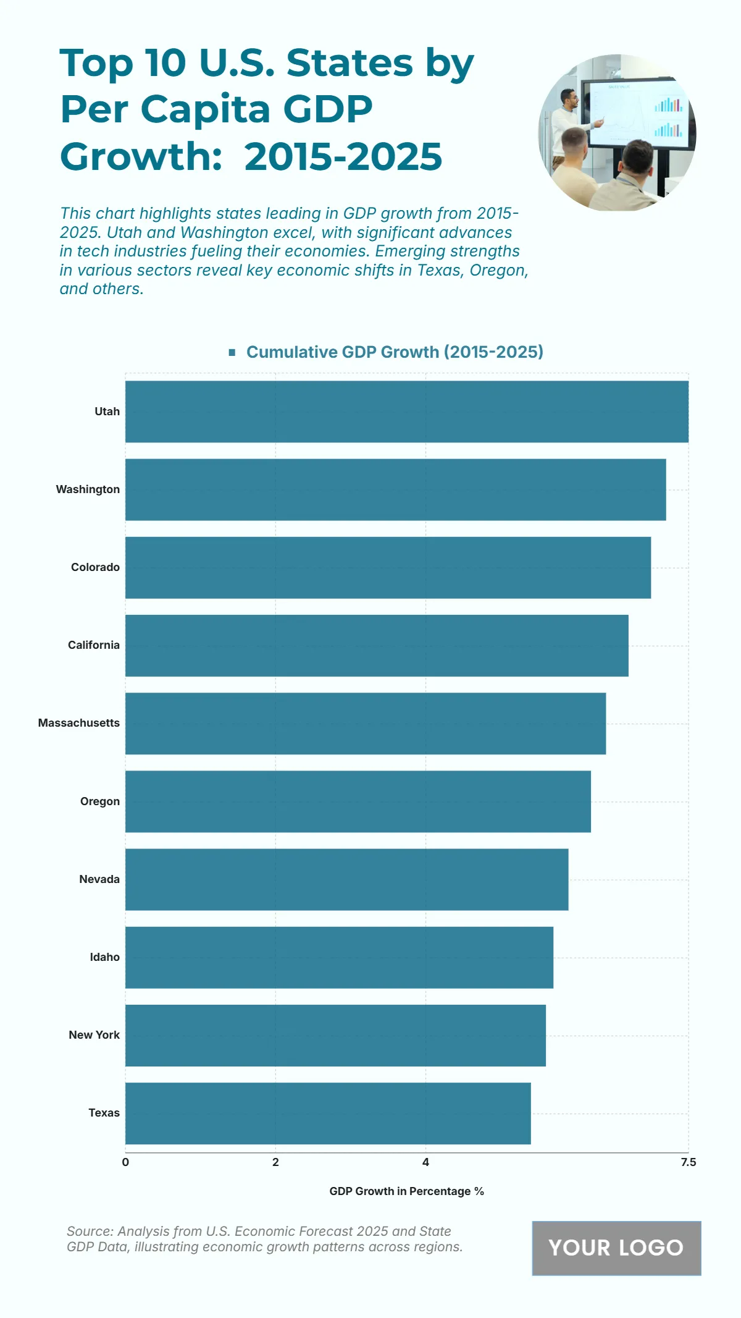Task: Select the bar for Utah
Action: (406, 412)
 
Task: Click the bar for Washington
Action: (395, 489)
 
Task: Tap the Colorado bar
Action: (388, 567)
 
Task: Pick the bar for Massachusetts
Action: (366, 724)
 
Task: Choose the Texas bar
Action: (328, 1113)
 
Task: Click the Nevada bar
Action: (346, 879)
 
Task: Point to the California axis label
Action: (94, 645)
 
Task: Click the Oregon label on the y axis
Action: (100, 801)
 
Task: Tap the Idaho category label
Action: (105, 957)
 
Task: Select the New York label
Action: (94, 1035)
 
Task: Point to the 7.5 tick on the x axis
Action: (688, 1162)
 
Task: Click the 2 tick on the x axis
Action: (275, 1162)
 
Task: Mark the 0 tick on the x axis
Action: (125, 1162)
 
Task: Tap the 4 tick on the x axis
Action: (425, 1162)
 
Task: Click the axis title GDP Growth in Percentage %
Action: (406, 1191)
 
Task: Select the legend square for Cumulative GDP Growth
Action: (232, 352)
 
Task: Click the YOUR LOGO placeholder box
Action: (616, 1248)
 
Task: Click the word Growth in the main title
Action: (141, 156)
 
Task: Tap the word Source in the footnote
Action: (88, 1231)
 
